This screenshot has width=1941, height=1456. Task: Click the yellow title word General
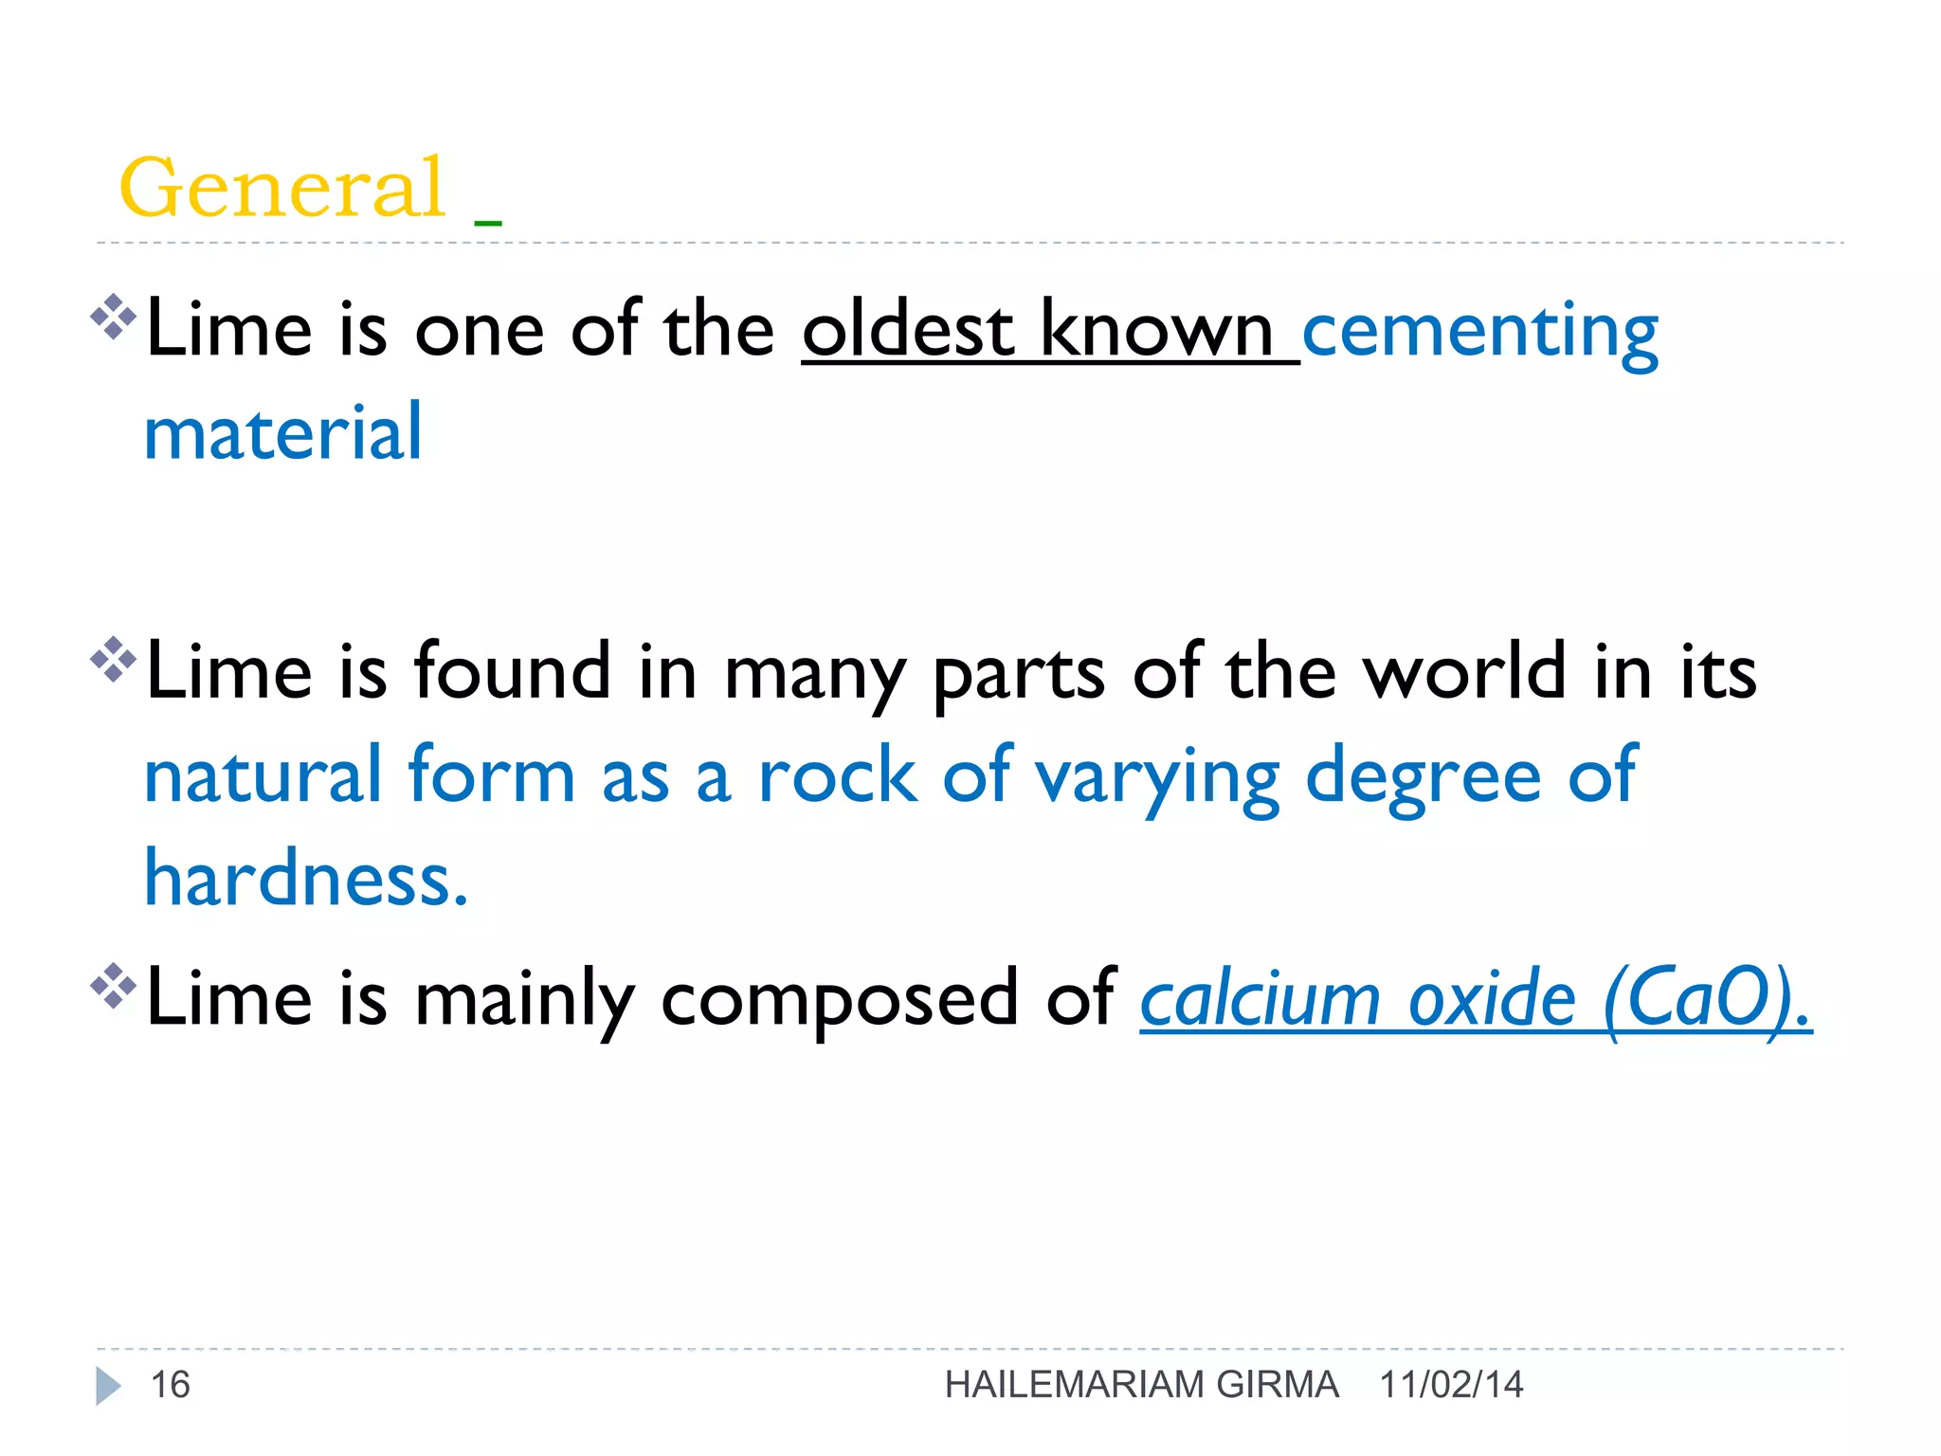(x=281, y=188)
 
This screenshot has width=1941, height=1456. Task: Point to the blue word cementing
(x=1479, y=332)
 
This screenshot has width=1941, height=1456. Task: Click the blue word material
(x=282, y=433)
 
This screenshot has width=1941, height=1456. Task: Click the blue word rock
(x=838, y=776)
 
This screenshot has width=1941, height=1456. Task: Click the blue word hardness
(x=305, y=879)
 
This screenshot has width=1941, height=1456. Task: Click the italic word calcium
(x=1260, y=999)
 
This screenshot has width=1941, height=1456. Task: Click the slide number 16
(x=171, y=1385)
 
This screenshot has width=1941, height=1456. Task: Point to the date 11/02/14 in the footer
(x=1451, y=1385)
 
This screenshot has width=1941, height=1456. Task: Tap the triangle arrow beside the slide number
(x=108, y=1386)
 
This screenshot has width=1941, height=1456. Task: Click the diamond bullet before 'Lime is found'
(x=114, y=660)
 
